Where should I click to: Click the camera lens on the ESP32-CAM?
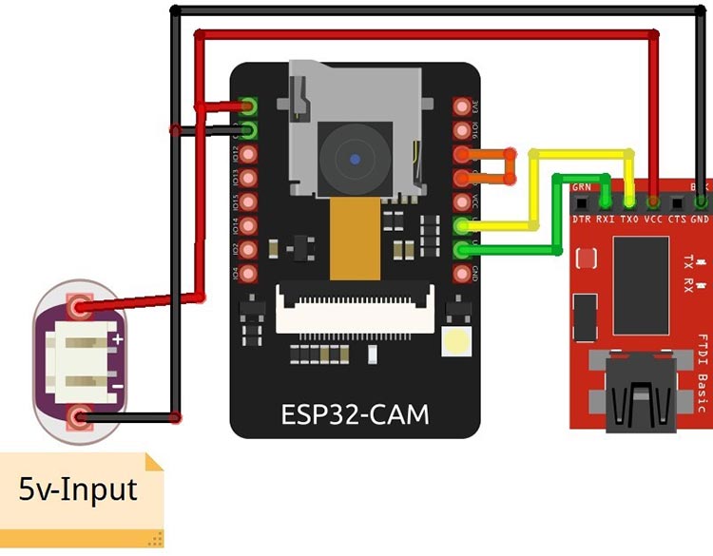355,159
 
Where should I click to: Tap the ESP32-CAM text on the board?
355,414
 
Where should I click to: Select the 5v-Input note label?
79,490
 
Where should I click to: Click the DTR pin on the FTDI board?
581,201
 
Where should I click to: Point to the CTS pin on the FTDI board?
677,201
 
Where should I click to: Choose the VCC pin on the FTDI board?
653,201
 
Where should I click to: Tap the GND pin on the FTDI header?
701,201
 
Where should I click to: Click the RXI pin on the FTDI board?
605,201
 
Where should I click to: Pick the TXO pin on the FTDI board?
628,201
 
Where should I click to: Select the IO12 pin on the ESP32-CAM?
249,154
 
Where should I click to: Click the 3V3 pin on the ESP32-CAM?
462,106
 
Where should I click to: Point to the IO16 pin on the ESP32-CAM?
462,130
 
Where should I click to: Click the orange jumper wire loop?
511,165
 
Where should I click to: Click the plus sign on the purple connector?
118,338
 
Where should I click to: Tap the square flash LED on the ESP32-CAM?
457,342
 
